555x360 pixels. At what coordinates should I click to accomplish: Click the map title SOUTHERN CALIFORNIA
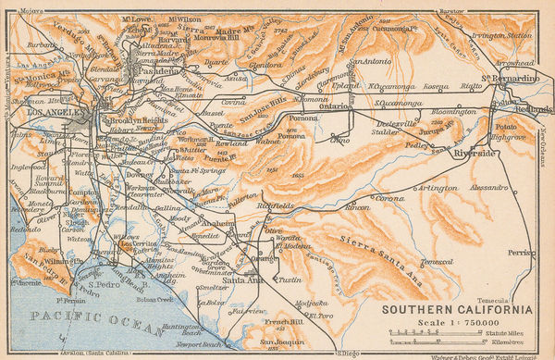(x=458, y=308)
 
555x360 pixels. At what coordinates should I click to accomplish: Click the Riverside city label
(x=476, y=154)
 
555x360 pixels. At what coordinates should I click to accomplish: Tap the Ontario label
(x=337, y=106)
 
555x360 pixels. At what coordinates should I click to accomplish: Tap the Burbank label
(x=42, y=43)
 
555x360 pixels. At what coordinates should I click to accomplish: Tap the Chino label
(x=339, y=141)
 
